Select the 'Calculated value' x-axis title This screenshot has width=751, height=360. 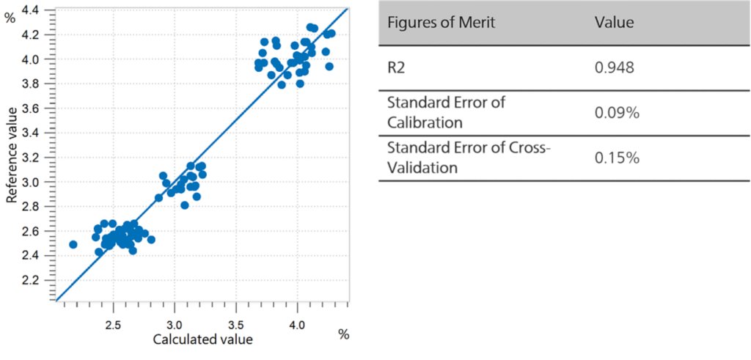202,339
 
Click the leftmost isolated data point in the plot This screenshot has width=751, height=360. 73,244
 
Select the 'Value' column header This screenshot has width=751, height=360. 614,23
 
